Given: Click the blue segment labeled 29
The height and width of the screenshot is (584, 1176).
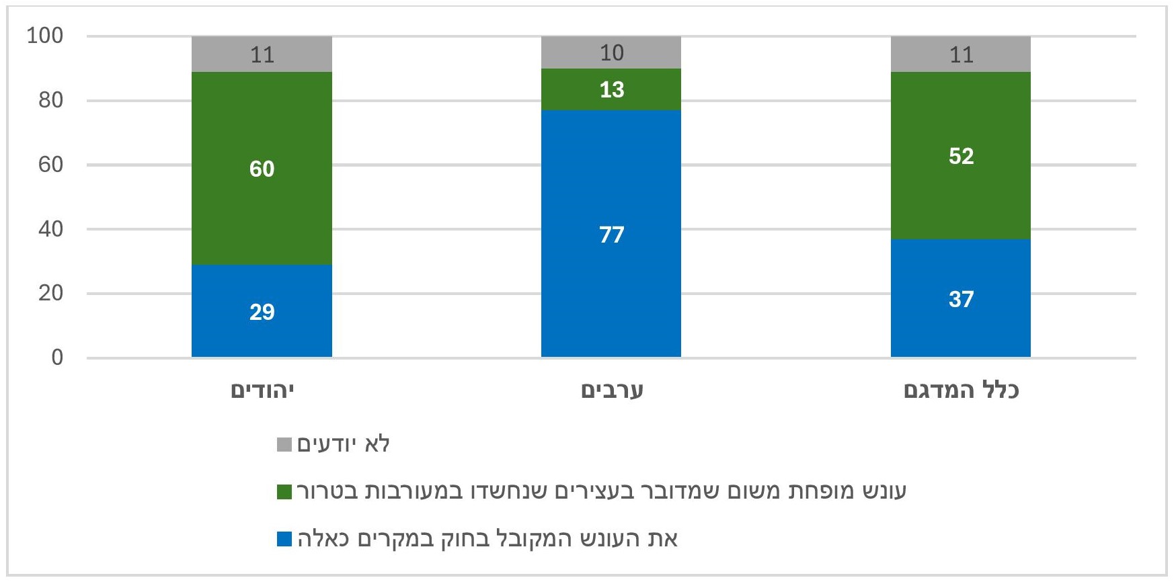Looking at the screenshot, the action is (262, 310).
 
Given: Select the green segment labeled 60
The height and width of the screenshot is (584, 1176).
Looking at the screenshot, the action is (262, 168).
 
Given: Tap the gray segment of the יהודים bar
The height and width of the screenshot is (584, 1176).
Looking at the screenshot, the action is (262, 54).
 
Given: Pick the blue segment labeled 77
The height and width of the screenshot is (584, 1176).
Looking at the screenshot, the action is (611, 233).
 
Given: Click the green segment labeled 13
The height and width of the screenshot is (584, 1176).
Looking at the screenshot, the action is (611, 89).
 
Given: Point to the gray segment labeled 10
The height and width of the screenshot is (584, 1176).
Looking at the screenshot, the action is (611, 52).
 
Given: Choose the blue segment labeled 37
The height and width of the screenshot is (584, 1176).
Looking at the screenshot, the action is (961, 298).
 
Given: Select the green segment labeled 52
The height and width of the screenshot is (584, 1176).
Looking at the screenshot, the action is (961, 155).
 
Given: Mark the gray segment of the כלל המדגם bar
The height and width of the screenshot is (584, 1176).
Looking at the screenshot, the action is (961, 54).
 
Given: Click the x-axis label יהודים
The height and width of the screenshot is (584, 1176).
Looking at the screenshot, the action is (262, 390).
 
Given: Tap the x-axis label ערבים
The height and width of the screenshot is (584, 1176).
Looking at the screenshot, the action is (612, 390).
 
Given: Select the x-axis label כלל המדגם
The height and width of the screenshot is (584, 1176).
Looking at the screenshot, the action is (962, 390).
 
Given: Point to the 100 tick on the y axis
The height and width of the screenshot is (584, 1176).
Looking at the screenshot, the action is (45, 36).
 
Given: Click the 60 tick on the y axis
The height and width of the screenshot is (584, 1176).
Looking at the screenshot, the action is (50, 165).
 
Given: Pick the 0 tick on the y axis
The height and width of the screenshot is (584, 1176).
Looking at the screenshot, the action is (57, 358).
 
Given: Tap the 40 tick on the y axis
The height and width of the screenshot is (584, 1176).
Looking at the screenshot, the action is (50, 229).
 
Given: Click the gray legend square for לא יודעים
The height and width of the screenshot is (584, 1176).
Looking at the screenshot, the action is (284, 445).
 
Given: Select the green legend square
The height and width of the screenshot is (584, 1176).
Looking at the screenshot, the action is (284, 492).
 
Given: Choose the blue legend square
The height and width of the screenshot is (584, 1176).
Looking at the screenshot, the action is (284, 539).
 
